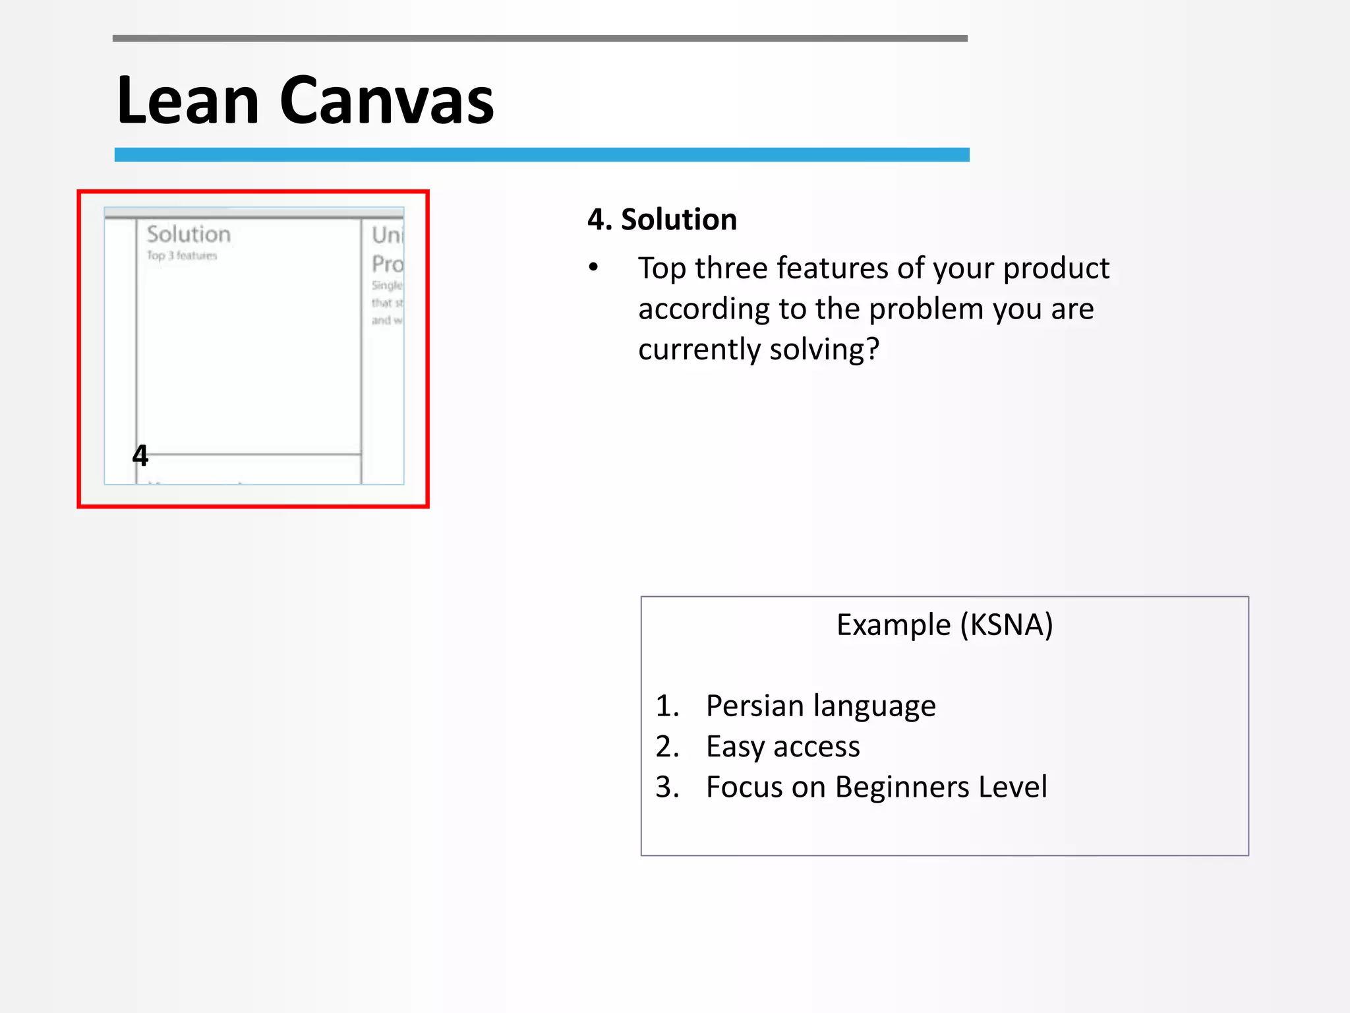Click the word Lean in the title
click(187, 100)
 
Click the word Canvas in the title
click(387, 100)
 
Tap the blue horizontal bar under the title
click(541, 155)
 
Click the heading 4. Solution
click(662, 220)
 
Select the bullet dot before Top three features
click(594, 268)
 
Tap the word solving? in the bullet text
click(824, 350)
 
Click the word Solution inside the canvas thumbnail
click(189, 234)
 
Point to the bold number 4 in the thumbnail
click(140, 455)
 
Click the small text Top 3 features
click(181, 256)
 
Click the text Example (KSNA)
click(944, 625)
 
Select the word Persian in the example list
click(754, 706)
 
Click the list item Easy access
click(782, 747)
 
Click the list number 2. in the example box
click(667, 747)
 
